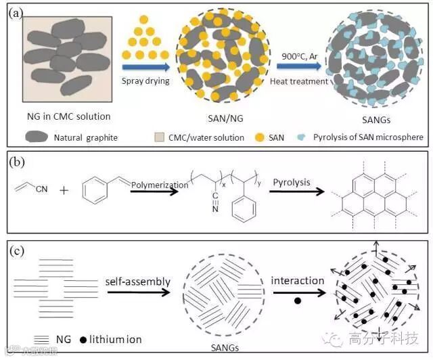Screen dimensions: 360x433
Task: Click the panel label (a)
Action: (x=15, y=12)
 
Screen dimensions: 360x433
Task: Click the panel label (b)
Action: (x=15, y=164)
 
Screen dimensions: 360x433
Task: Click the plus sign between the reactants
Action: (x=64, y=192)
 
